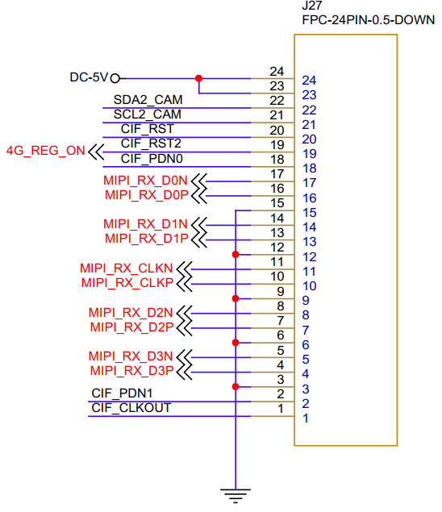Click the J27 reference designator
pyautogui.click(x=312, y=6)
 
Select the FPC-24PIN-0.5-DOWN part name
pyautogui.click(x=368, y=20)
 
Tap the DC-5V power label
pyautogui.click(x=89, y=77)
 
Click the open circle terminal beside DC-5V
pyautogui.click(x=115, y=79)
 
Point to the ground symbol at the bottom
pyautogui.click(x=236, y=496)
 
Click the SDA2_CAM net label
pyautogui.click(x=148, y=100)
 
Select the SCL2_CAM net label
pyautogui.click(x=148, y=114)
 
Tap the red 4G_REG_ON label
pyautogui.click(x=46, y=151)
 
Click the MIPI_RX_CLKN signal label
pyautogui.click(x=126, y=268)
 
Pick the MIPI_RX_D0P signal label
pyautogui.click(x=146, y=195)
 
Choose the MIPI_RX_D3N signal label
pyautogui.click(x=131, y=356)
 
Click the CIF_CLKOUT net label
pyautogui.click(x=131, y=408)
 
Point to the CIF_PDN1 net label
pyautogui.click(x=122, y=393)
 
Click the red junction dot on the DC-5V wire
pyautogui.click(x=198, y=78)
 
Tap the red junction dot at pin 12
pyautogui.click(x=236, y=254)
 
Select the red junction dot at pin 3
pyautogui.click(x=236, y=386)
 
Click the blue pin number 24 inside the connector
pyautogui.click(x=309, y=81)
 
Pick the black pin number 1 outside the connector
pyautogui.click(x=281, y=409)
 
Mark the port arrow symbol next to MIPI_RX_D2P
pyautogui.click(x=184, y=328)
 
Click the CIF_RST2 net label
pyautogui.click(x=151, y=144)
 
